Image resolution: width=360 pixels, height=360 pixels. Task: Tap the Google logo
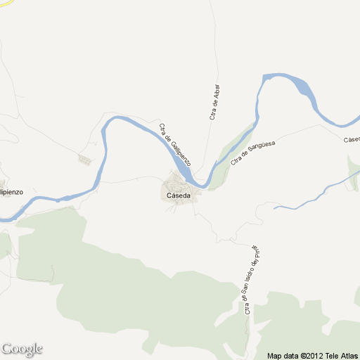coord(22,349)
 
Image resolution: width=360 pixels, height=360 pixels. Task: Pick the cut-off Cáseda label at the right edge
coord(352,139)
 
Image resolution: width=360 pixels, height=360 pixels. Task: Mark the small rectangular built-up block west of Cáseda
coord(85,160)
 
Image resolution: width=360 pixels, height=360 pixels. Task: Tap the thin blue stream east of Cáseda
coord(309,198)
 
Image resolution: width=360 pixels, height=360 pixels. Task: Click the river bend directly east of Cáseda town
coord(204,184)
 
